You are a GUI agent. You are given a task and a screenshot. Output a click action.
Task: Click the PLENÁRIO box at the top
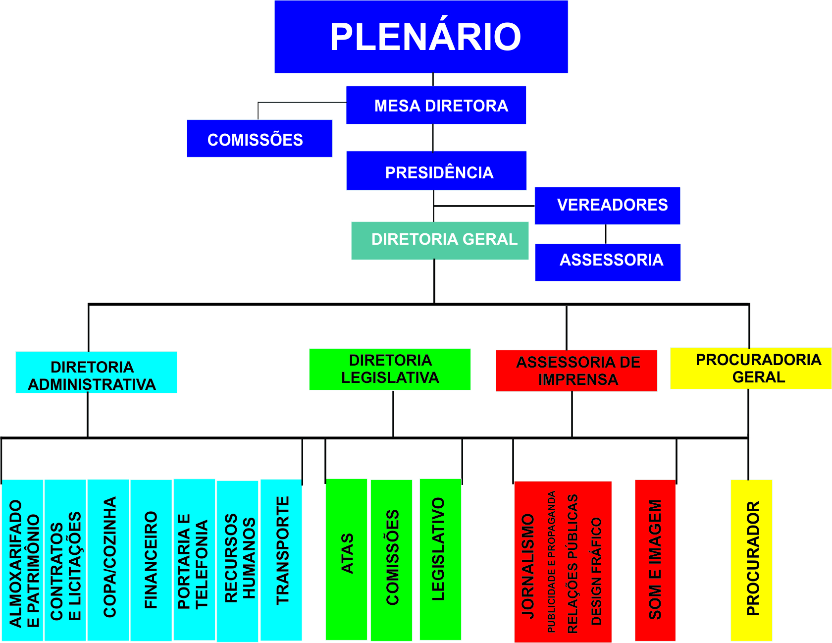pyautogui.click(x=421, y=37)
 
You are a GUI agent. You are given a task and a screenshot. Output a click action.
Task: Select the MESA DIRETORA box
pyautogui.click(x=436, y=105)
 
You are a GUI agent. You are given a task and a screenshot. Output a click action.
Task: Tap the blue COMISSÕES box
pyautogui.click(x=260, y=139)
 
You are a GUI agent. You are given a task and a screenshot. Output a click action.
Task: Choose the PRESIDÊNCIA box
pyautogui.click(x=436, y=171)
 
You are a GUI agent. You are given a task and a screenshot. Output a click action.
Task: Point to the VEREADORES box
pyautogui.click(x=607, y=206)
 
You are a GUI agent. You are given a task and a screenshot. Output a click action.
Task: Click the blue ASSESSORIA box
pyautogui.click(x=608, y=262)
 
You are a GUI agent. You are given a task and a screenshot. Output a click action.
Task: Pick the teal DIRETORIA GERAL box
pyautogui.click(x=440, y=241)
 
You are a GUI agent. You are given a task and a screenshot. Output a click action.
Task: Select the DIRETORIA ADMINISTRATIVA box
pyautogui.click(x=96, y=373)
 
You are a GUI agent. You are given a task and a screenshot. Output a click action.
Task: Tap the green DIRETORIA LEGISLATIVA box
pyautogui.click(x=390, y=370)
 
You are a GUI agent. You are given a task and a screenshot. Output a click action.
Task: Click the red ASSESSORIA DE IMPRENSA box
pyautogui.click(x=576, y=371)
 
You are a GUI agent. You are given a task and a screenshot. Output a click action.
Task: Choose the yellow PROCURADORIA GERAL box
pyautogui.click(x=751, y=369)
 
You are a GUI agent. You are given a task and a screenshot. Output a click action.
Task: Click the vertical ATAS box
pyautogui.click(x=347, y=559)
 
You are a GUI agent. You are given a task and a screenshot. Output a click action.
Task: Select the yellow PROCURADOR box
pyautogui.click(x=751, y=560)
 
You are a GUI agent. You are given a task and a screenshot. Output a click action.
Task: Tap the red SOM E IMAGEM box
pyautogui.click(x=655, y=560)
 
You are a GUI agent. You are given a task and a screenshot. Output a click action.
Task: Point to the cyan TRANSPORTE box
pyautogui.click(x=281, y=560)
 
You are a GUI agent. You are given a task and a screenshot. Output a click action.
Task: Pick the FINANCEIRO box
pyautogui.click(x=151, y=560)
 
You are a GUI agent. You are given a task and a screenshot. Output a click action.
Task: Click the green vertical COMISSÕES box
pyautogui.click(x=392, y=560)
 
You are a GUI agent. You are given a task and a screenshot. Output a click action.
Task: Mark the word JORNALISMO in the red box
pyautogui.click(x=528, y=565)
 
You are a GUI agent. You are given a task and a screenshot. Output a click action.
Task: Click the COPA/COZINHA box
pyautogui.click(x=108, y=560)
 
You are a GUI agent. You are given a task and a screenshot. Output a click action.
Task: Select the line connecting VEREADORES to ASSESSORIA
pyautogui.click(x=606, y=234)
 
